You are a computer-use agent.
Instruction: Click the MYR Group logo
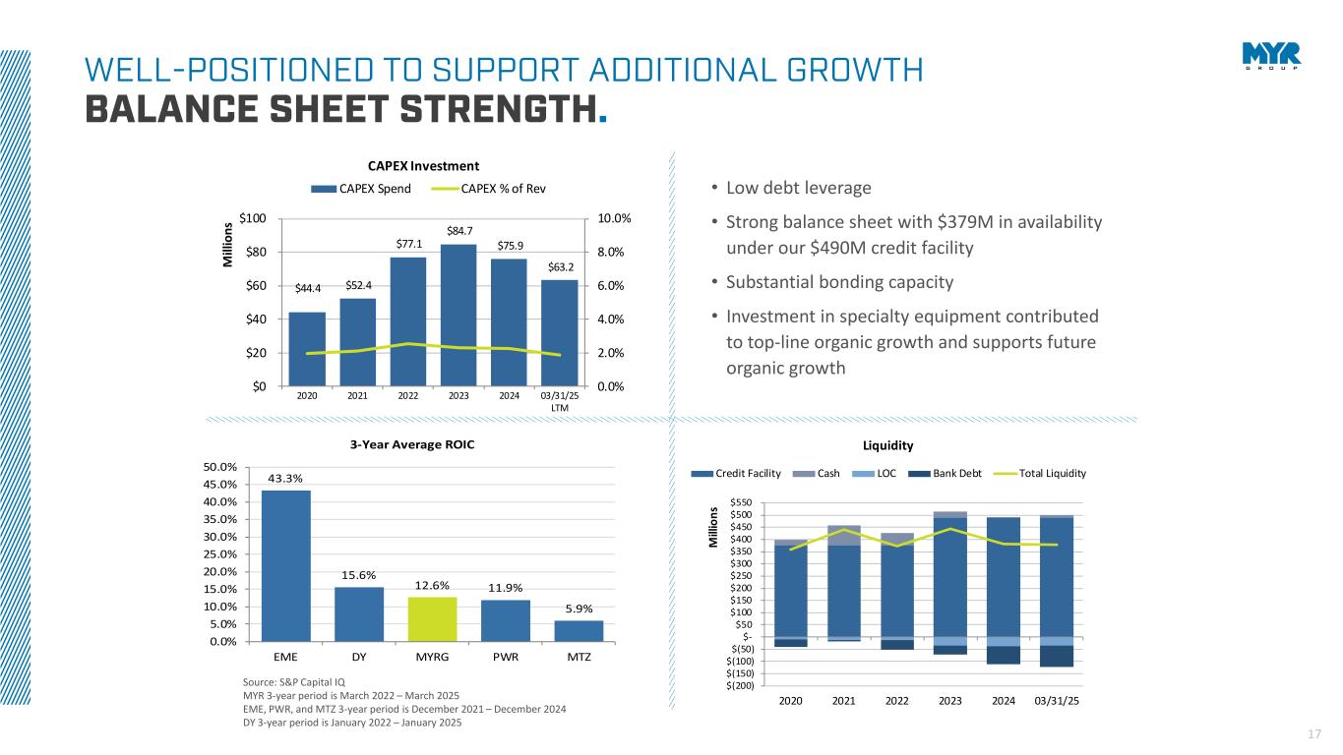point(1271,56)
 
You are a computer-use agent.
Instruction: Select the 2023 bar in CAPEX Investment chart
point(458,315)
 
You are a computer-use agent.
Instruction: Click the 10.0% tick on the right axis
point(614,218)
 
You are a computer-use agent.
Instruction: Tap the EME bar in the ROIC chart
point(286,565)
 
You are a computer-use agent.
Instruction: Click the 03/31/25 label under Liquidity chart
point(1056,701)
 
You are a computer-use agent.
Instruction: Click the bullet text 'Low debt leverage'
point(798,188)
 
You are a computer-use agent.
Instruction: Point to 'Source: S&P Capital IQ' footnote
point(293,680)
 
